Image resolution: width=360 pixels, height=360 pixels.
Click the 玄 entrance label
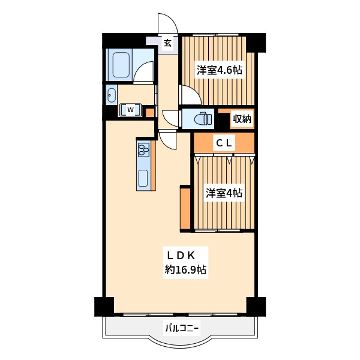[167, 43]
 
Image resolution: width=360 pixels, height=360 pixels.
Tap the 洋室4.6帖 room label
[219, 70]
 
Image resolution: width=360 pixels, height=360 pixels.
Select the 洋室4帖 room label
[224, 193]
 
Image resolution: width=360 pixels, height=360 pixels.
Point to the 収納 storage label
[242, 119]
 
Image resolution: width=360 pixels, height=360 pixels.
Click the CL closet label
[224, 143]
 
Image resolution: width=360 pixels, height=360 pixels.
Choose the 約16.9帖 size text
[185, 269]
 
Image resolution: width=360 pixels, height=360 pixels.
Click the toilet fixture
[203, 119]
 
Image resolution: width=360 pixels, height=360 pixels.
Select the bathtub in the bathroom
[121, 65]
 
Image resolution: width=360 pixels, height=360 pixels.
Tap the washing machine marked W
[130, 110]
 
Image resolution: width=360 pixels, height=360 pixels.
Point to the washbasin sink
[112, 95]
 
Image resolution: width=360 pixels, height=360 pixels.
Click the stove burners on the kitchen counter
[144, 149]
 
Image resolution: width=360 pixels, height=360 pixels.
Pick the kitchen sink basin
[143, 178]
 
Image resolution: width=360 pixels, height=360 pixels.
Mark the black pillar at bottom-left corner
[104, 307]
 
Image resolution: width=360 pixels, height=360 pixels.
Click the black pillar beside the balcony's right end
[256, 307]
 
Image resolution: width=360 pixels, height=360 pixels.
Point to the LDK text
[181, 256]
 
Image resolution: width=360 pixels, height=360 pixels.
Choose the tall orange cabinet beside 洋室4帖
[185, 208]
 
